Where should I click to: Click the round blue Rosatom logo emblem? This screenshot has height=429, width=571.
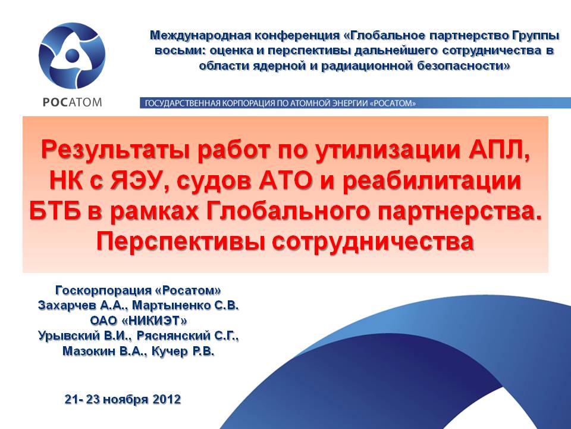pos(72,55)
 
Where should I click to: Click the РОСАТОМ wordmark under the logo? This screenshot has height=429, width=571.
pos(72,102)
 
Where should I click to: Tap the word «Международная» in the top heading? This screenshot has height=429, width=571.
pos(200,35)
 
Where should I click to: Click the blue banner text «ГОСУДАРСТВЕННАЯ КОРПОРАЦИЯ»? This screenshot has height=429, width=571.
pos(209,103)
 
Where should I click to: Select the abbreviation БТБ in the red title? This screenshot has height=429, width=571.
pos(55,211)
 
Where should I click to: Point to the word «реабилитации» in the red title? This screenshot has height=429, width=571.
pos(432,181)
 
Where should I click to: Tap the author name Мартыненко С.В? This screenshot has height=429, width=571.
pos(185,305)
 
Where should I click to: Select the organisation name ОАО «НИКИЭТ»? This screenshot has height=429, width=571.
pos(139,321)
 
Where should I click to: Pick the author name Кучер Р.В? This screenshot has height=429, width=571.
pos(183,351)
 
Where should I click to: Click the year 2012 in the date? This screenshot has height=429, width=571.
pos(167,399)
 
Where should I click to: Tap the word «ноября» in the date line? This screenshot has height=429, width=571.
pos(126,399)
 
